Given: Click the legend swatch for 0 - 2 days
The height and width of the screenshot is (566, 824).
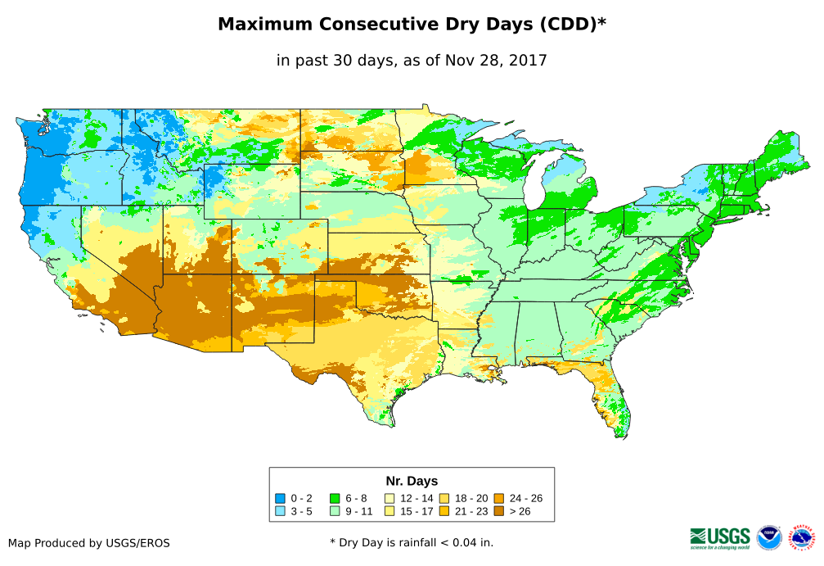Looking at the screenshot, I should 281,498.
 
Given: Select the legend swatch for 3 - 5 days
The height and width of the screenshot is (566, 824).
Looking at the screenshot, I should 281,511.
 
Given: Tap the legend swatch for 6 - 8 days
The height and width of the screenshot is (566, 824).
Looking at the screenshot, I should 335,498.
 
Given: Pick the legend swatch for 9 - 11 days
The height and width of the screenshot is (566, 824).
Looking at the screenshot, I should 335,511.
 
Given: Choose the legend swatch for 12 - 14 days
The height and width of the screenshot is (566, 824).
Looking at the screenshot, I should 389,498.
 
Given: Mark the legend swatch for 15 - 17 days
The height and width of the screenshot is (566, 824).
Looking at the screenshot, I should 389,511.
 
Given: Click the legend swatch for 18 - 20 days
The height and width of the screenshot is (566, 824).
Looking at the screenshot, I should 444,498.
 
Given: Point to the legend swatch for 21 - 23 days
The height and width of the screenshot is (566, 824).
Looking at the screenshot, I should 444,511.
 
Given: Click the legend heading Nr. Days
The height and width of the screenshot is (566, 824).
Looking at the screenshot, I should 412,481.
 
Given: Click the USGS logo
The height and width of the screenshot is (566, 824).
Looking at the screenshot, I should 720,537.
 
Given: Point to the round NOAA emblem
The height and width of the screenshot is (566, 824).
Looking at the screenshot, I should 769,537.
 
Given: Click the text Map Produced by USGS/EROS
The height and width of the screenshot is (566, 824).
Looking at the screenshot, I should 89,543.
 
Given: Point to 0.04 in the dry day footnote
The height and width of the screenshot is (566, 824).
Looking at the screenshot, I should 465,542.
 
